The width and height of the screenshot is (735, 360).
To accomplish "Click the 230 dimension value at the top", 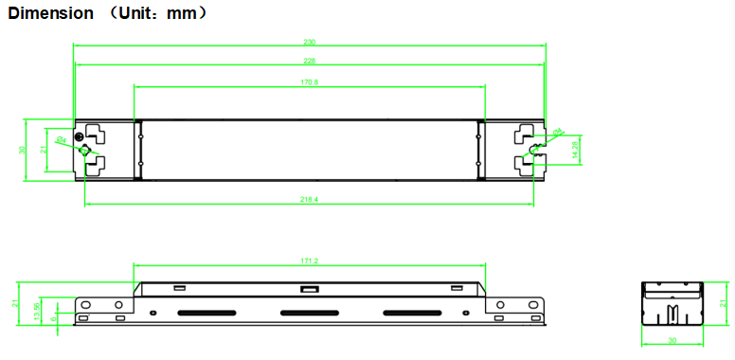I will coord(309,42).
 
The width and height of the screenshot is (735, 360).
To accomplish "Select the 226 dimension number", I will coord(309,61).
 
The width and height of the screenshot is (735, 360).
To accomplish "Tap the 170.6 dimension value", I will coord(309,82).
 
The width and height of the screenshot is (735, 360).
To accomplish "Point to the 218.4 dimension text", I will coord(309,200).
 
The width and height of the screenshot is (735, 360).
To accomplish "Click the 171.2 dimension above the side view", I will coord(309,261).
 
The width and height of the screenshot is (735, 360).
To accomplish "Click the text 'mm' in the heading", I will coord(180,13).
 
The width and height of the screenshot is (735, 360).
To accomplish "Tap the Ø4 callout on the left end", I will coord(61,140).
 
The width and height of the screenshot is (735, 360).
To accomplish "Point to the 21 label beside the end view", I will coord(722,302).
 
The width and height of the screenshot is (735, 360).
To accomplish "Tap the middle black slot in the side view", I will coord(310,313).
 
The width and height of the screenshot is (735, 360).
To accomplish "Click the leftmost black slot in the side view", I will coord(206,313).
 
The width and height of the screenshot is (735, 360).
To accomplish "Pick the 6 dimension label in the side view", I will coord(53,318).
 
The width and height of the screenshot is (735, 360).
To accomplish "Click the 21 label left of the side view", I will coord(16,302).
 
